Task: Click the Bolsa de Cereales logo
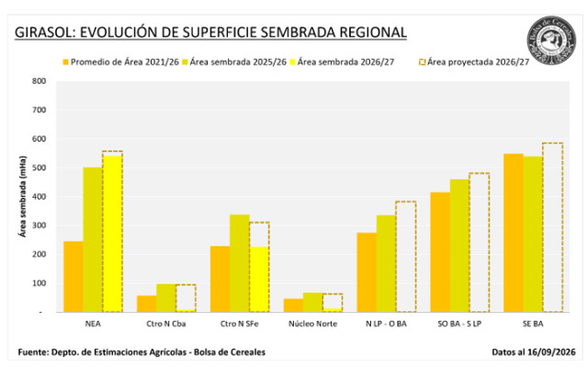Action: (551, 40)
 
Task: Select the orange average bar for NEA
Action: (73, 276)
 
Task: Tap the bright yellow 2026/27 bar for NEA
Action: (112, 234)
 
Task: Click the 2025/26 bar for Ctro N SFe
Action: (240, 263)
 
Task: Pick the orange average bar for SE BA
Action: (514, 233)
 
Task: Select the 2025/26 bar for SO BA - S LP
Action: (459, 246)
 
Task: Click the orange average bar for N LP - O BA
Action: (367, 272)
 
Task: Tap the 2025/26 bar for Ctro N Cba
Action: (166, 298)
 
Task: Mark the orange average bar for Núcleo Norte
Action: (293, 305)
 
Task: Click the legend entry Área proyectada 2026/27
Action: (474, 62)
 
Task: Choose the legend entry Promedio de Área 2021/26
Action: (120, 62)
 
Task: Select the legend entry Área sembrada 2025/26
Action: (234, 62)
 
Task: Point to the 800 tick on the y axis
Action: (39, 81)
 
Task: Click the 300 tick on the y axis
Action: (39, 225)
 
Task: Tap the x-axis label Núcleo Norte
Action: (312, 324)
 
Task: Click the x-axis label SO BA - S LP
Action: (459, 324)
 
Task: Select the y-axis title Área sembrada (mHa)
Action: (23, 196)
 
